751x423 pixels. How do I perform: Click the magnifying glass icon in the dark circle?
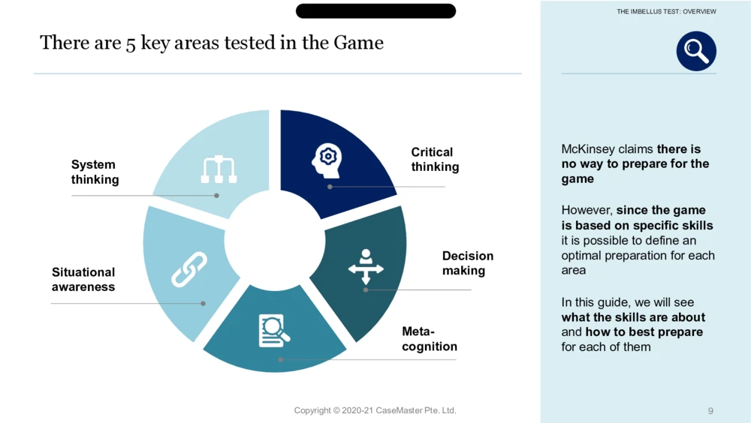coord(696,51)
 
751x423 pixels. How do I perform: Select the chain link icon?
coord(189,269)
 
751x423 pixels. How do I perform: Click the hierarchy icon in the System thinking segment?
coord(219,169)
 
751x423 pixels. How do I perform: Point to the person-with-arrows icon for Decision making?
coord(366,266)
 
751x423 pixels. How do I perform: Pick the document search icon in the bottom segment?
coord(274,330)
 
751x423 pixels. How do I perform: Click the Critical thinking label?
coord(435,159)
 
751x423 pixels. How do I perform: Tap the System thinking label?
coord(95,172)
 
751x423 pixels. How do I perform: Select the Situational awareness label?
coord(83,280)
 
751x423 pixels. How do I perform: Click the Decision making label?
coord(467,263)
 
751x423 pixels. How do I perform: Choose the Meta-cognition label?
coord(429,339)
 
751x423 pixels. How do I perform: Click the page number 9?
coord(710,410)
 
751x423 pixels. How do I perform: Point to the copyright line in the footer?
coord(375,410)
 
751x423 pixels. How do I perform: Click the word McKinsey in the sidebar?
coord(588,148)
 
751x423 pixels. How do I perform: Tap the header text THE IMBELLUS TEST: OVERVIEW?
coord(666,11)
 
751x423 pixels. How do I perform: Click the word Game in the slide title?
coord(358,43)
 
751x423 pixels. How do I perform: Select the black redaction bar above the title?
coord(375,11)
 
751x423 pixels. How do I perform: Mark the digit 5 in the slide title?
coord(131,44)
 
